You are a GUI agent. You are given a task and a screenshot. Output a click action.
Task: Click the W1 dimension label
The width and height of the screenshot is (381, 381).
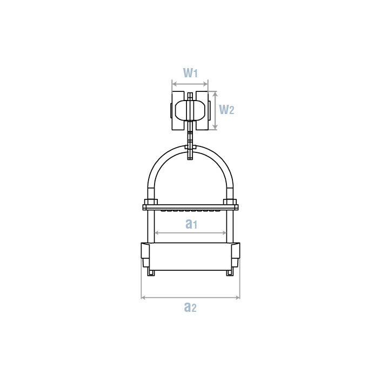(x=190, y=72)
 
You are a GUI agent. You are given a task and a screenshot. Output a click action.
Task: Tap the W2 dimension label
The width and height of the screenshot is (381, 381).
(x=226, y=109)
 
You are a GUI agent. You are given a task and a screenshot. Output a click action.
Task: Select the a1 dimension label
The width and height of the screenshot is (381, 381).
(x=191, y=224)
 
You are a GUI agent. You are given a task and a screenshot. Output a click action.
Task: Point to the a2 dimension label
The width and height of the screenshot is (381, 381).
(x=190, y=307)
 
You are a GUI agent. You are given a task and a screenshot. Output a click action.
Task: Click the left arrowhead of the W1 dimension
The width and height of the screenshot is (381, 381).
(x=173, y=84)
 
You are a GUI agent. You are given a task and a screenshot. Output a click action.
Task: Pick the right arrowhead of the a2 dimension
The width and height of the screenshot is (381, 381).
(x=238, y=297)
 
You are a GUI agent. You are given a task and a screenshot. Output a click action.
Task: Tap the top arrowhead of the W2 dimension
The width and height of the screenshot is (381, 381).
(x=215, y=94)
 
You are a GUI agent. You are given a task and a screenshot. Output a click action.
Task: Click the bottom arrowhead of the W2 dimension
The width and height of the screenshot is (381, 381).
(x=215, y=127)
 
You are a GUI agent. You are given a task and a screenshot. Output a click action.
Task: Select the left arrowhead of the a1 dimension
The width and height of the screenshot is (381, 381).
(x=157, y=233)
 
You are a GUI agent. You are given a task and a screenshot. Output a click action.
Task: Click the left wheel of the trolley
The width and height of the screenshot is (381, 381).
(x=178, y=111)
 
